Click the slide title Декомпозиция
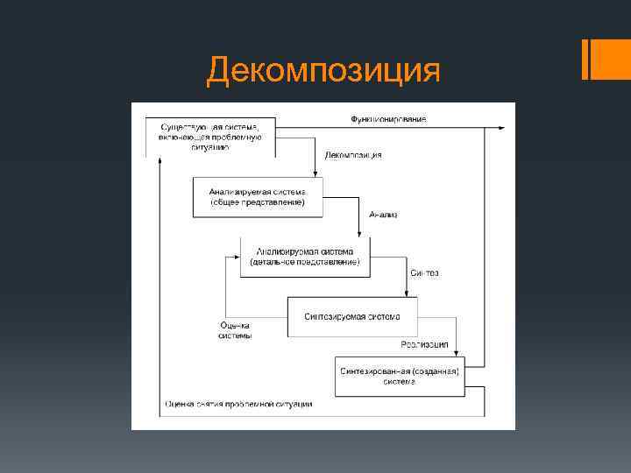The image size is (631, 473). pos(323,70)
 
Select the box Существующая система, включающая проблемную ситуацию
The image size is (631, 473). pos(210,136)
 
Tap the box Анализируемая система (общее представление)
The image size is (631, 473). pos(258,197)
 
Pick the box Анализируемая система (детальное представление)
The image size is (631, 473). pos(305,257)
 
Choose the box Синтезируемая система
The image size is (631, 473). pos(352,316)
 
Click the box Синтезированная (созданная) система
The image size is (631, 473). pos(400,377)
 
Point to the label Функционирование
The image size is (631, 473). pos(389,119)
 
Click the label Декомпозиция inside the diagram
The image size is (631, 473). pos(353,155)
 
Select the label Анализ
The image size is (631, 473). pos(383,214)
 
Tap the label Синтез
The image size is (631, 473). pos(424,273)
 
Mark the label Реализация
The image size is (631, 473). pos(424,344)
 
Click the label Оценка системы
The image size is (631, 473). pos(235,330)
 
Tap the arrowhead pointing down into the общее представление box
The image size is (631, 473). pos(314,173)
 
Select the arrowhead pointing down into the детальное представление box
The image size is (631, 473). pos(358,232)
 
